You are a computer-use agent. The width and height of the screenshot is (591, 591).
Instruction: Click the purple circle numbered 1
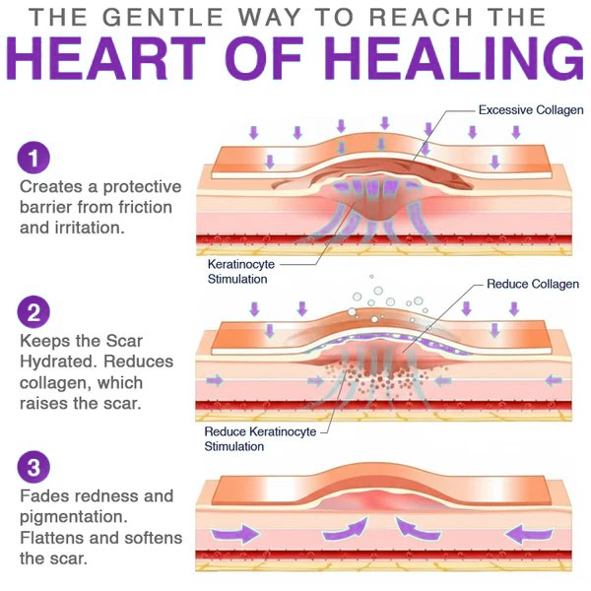[x=33, y=158]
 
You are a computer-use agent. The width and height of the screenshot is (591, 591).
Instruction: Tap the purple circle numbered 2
[x=33, y=311]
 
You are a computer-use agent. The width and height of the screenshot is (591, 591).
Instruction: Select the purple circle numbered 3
[x=33, y=467]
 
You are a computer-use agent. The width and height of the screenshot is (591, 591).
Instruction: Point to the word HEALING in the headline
[x=454, y=58]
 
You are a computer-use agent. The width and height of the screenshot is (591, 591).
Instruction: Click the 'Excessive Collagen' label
[x=531, y=110]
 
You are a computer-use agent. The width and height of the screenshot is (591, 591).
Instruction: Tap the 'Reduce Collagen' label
[x=533, y=284]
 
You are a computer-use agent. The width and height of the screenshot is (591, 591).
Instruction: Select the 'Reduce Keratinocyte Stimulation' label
[x=260, y=438]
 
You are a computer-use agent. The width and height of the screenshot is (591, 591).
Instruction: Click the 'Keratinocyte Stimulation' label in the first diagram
[x=241, y=272]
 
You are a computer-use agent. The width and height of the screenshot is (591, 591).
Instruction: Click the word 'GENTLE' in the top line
[x=163, y=18]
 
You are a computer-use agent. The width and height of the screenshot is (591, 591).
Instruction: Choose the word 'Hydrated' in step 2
[x=59, y=361]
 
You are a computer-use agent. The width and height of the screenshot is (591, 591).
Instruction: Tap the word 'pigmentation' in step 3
[x=74, y=517]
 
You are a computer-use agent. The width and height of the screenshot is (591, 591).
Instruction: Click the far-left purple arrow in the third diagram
[x=235, y=534]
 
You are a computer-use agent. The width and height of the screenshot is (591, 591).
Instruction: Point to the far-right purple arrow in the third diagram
[x=529, y=534]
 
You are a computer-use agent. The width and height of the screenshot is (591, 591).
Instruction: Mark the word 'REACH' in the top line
[x=421, y=18]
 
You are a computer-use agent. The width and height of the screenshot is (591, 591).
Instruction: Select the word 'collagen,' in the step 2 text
[x=55, y=383]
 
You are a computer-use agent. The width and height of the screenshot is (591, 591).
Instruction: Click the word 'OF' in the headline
[x=265, y=58]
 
